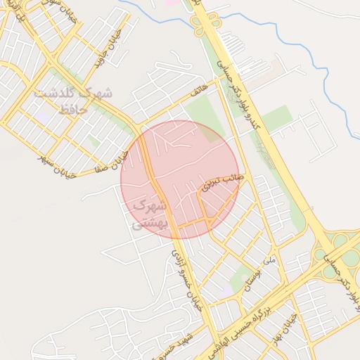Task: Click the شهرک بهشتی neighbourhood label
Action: [149, 214]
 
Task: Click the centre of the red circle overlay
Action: [180, 179]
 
